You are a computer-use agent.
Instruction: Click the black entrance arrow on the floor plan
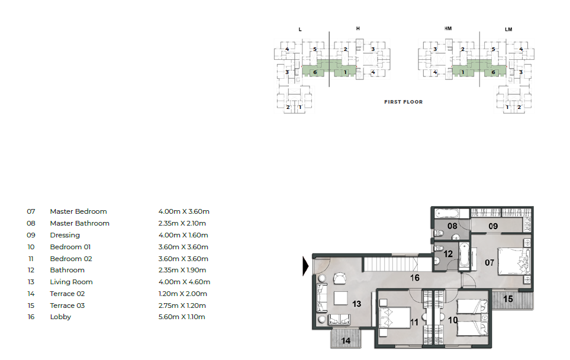point(305,266)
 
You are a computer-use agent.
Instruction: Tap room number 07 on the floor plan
point(490,262)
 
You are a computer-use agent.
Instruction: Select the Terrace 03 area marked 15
point(513,300)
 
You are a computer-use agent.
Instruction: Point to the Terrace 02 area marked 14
point(346,339)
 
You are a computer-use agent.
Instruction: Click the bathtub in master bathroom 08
point(447,213)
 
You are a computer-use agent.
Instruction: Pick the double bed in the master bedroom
point(514,261)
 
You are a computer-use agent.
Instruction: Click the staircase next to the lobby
point(391,263)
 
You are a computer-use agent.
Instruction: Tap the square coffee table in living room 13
point(341,298)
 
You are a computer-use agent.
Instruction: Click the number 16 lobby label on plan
point(415,278)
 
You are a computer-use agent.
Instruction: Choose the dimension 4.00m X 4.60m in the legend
point(184,282)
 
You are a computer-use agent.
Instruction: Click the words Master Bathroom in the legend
point(80,223)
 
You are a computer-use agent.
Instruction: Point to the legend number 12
point(31,270)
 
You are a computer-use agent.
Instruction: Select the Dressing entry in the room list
point(65,235)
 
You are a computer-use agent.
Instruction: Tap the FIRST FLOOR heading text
point(404,102)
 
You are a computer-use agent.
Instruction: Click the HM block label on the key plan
point(448,28)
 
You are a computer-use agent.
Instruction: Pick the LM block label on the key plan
point(508,30)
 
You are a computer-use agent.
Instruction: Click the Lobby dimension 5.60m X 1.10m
point(182,317)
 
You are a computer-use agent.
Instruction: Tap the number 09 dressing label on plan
point(493,226)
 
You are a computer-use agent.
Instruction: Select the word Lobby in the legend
point(60,317)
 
